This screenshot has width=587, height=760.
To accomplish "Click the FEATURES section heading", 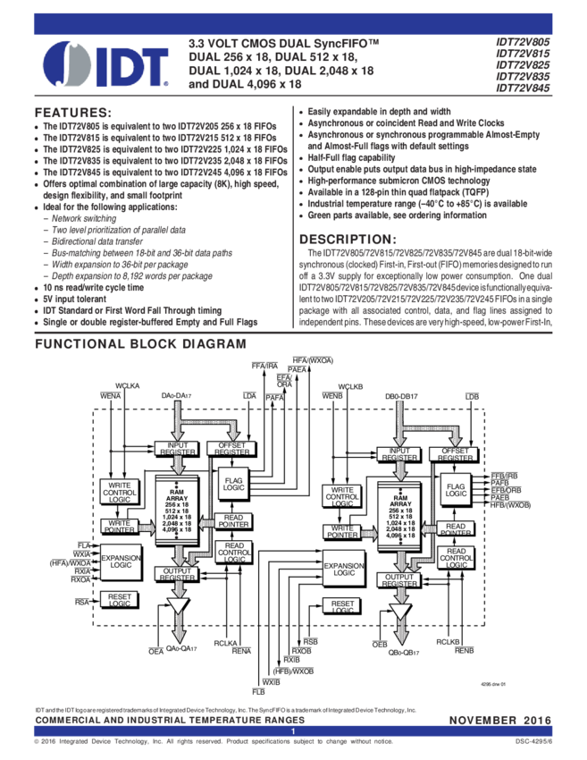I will [x=71, y=114].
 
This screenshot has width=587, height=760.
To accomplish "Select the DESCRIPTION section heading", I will [x=344, y=240].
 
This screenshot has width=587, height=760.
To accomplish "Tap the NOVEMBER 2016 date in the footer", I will [x=499, y=720].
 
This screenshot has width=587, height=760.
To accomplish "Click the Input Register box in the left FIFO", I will [x=176, y=448].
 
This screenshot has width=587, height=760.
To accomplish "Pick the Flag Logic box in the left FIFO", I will [x=233, y=485].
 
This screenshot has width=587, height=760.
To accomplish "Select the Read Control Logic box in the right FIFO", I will [x=456, y=557].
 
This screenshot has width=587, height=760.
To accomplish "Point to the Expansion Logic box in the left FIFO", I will [x=120, y=562].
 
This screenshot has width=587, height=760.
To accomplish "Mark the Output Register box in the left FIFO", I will [x=176, y=574].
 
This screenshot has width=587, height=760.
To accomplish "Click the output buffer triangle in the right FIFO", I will [x=400, y=613].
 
